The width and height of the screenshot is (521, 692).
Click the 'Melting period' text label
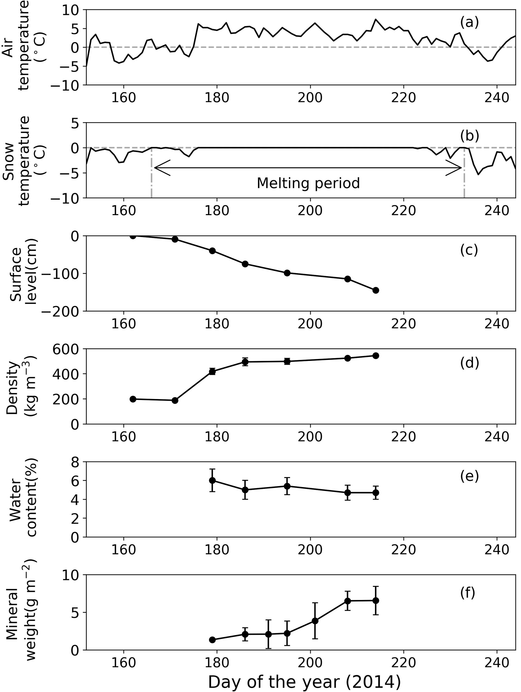click(308, 183)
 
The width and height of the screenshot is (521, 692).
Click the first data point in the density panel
click(133, 399)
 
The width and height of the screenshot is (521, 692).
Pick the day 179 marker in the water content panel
click(212, 480)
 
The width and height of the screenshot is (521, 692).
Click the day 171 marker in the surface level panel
click(175, 239)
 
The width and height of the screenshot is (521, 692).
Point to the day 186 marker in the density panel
click(245, 362)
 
